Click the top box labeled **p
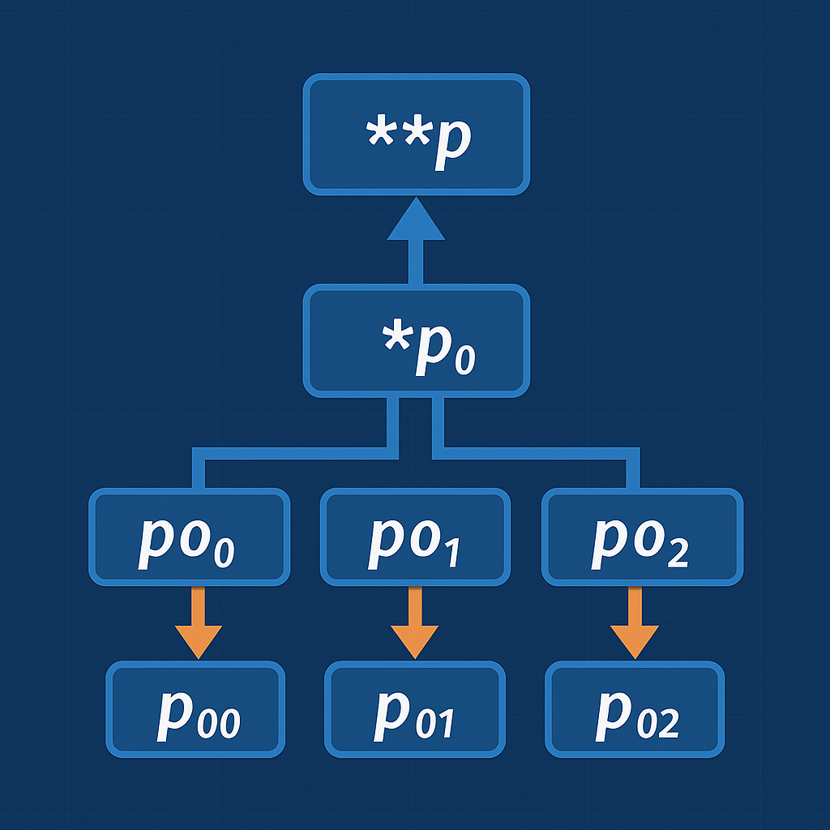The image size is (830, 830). [416, 135]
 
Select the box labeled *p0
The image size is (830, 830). [416, 340]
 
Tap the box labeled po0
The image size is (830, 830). [189, 537]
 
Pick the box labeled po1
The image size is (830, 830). [415, 537]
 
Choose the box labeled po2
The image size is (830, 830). [642, 537]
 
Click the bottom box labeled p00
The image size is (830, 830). [195, 709]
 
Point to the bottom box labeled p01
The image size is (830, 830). [415, 709]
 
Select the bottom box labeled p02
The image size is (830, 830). [634, 709]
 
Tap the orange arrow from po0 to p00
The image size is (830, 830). [199, 624]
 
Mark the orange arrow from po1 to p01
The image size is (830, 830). [415, 624]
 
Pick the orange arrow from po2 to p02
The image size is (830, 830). [635, 624]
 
